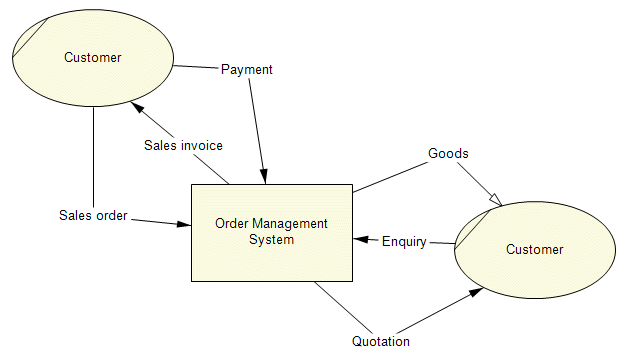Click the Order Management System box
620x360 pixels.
tap(271, 260)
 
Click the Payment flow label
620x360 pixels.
tap(246, 70)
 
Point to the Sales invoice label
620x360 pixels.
tap(183, 145)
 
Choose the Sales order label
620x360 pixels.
tap(93, 215)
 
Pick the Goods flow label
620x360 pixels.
tap(448, 154)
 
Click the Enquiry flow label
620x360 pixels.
tap(404, 241)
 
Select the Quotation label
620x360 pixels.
tap(381, 341)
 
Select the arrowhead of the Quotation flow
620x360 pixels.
tap(478, 292)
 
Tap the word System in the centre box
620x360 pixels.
tap(271, 239)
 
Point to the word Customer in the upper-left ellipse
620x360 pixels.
tap(92, 57)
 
